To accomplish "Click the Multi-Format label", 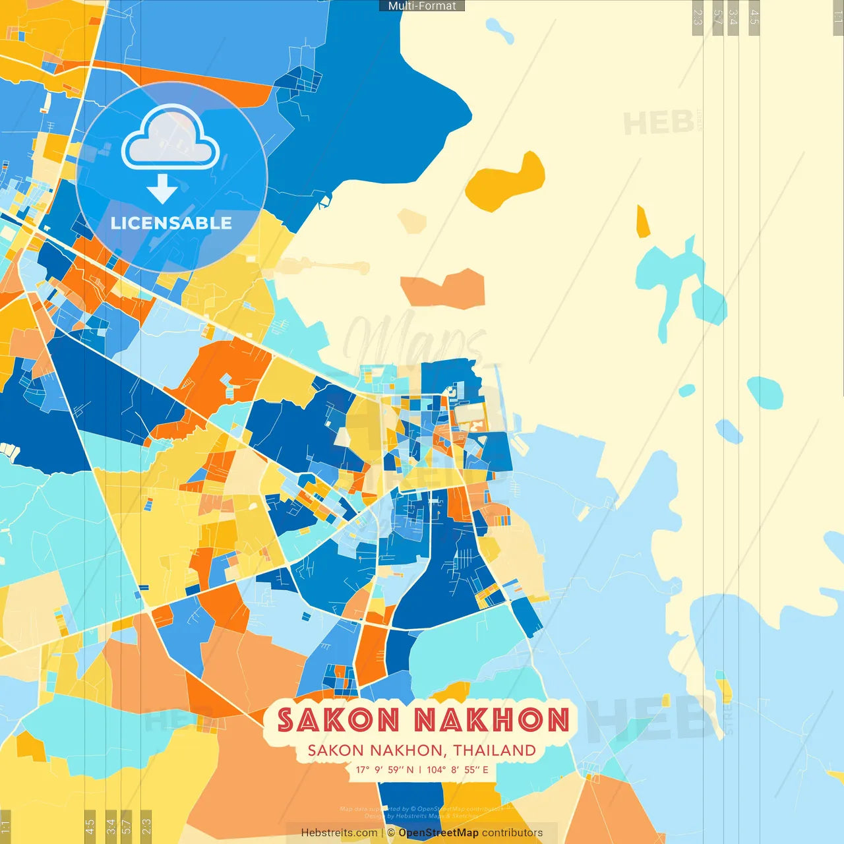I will coord(422,6).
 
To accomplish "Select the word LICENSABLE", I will coord(171,224).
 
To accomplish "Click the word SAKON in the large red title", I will coord(338,720).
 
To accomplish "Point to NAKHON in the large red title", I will coord(492,720).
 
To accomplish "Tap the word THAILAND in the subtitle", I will coord(495,750).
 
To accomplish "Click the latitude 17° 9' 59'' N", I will coord(385,769).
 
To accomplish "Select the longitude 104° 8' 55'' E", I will coord(458,769).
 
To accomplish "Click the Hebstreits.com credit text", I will coord(339,833).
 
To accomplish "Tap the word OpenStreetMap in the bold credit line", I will coord(438,833).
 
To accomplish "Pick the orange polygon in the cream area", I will coord(446,289).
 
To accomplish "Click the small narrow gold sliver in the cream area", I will coord(642,222).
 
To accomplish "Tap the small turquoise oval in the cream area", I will coord(765,392).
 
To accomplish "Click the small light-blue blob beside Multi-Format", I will coord(499,29).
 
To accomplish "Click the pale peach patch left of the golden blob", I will coord(412,221).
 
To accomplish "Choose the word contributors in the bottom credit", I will coord(512,833).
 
